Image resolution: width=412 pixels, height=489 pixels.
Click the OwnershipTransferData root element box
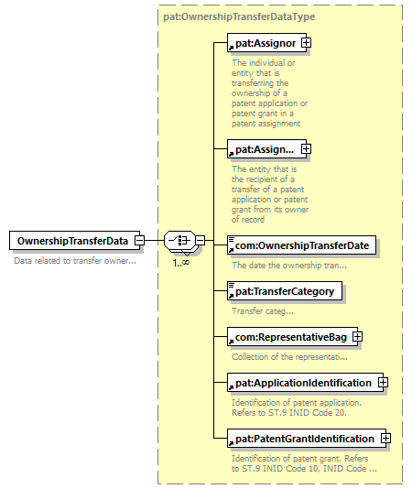coord(74,241)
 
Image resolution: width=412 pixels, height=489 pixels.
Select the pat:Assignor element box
coord(266,42)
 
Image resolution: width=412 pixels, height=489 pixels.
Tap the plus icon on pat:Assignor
coord(306,42)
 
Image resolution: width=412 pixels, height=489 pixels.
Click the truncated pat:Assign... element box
coord(266,148)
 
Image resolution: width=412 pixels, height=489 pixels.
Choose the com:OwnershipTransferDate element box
coord(301,245)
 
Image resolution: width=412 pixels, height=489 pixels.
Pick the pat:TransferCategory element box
coord(285,291)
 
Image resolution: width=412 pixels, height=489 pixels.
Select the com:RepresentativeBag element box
coord(293,336)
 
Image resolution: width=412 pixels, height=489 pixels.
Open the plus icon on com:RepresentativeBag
coord(357,336)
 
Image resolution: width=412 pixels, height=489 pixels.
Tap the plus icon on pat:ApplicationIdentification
coord(383,383)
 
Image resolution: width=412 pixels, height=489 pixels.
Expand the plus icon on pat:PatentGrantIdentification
coord(385,438)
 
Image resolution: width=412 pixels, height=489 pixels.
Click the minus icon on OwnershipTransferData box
coord(139,241)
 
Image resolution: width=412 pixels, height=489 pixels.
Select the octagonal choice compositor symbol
coord(180,241)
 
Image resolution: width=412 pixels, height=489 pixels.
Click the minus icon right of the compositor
coord(201,241)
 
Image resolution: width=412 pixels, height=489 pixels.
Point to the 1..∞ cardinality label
coord(181,263)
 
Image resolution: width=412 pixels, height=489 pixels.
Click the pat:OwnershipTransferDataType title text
coord(239,16)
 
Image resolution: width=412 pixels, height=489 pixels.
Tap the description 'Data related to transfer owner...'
coord(75,261)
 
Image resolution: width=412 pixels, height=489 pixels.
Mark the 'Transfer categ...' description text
coord(263,311)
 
